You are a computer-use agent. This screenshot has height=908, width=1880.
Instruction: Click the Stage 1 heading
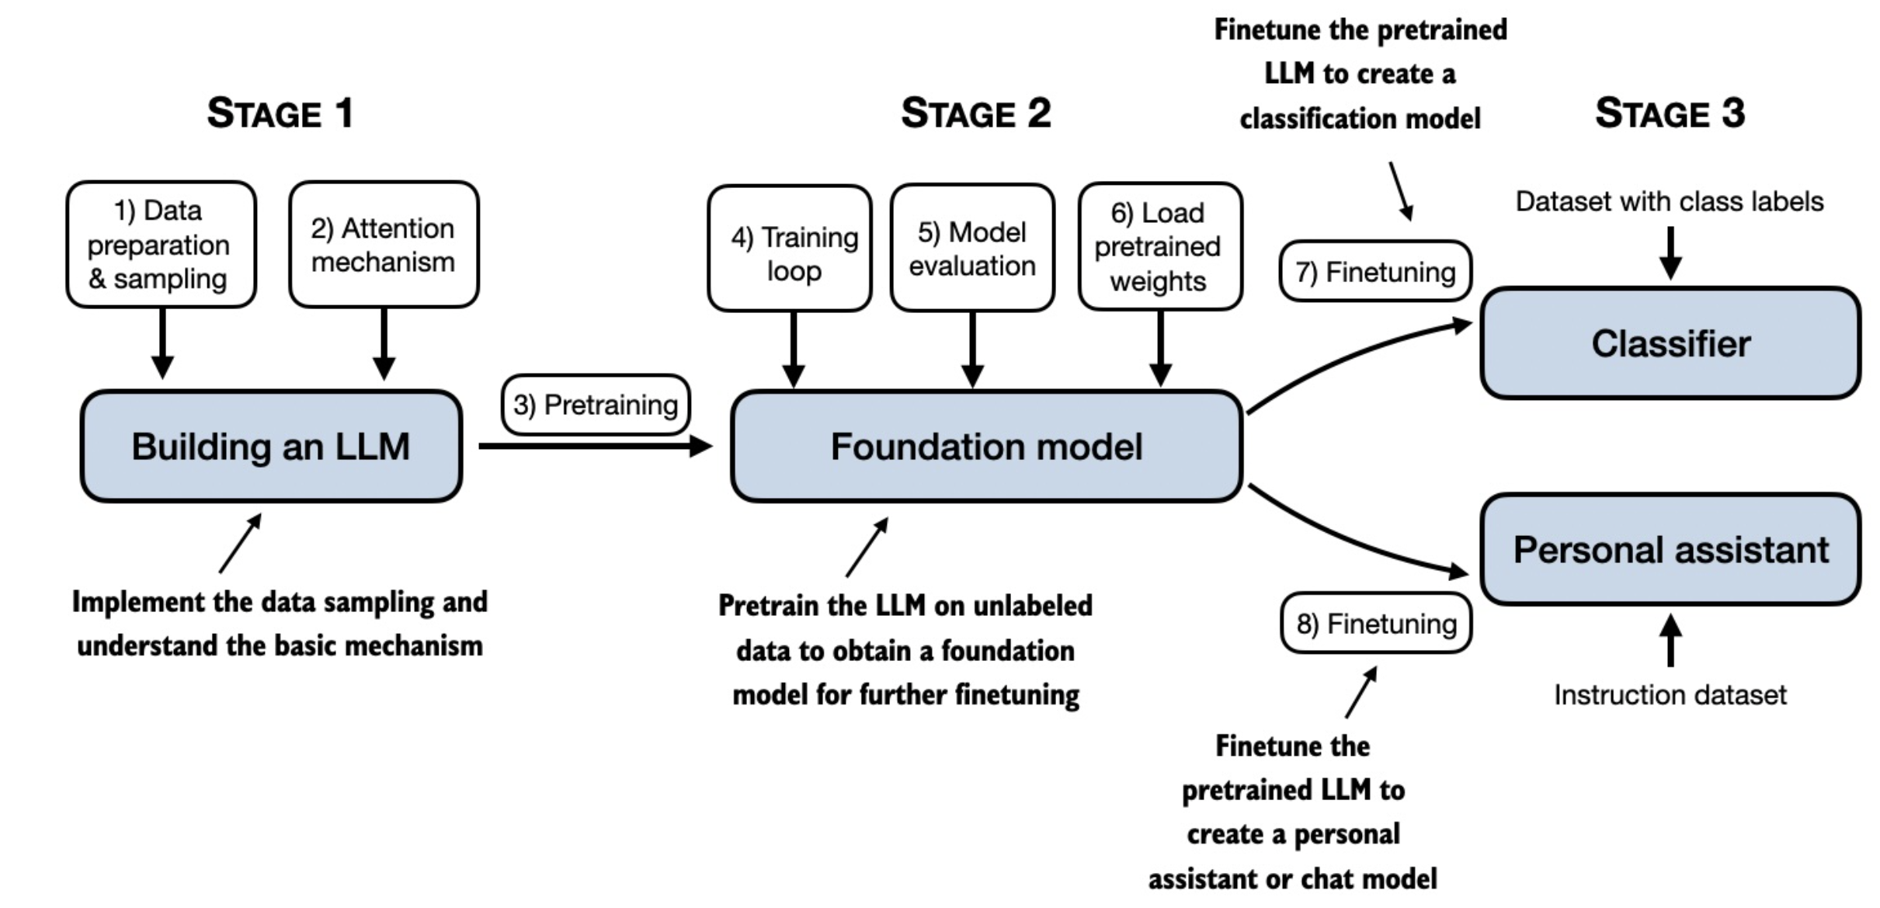(280, 113)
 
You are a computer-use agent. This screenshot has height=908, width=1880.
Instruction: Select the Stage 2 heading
(976, 113)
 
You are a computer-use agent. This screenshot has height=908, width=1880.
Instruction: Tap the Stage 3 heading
(1670, 113)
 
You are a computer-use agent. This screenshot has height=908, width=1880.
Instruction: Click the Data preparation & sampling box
(161, 245)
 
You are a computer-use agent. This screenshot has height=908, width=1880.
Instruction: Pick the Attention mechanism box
(384, 245)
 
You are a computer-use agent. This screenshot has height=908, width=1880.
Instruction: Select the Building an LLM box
(271, 447)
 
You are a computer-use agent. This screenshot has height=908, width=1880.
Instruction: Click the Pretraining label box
(596, 405)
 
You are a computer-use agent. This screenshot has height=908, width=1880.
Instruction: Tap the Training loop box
(790, 249)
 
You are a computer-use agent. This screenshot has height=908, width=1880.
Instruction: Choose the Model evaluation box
(972, 248)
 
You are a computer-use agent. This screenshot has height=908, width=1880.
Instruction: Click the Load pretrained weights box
(1160, 247)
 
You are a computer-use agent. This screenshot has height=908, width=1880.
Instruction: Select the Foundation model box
(986, 447)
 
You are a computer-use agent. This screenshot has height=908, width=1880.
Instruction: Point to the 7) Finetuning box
(1375, 272)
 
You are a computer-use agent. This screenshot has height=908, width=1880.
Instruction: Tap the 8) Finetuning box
(1376, 624)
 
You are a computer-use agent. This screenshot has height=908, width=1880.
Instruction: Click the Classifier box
(1670, 343)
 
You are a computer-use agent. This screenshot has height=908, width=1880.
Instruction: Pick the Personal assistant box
(1670, 550)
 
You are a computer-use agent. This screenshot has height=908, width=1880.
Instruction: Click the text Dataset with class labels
(1670, 202)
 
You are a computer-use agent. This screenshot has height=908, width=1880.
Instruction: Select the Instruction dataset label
(1670, 694)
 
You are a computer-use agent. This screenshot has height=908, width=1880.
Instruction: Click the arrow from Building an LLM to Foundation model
(596, 447)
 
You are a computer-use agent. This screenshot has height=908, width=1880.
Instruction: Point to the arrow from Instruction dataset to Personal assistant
(1670, 640)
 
